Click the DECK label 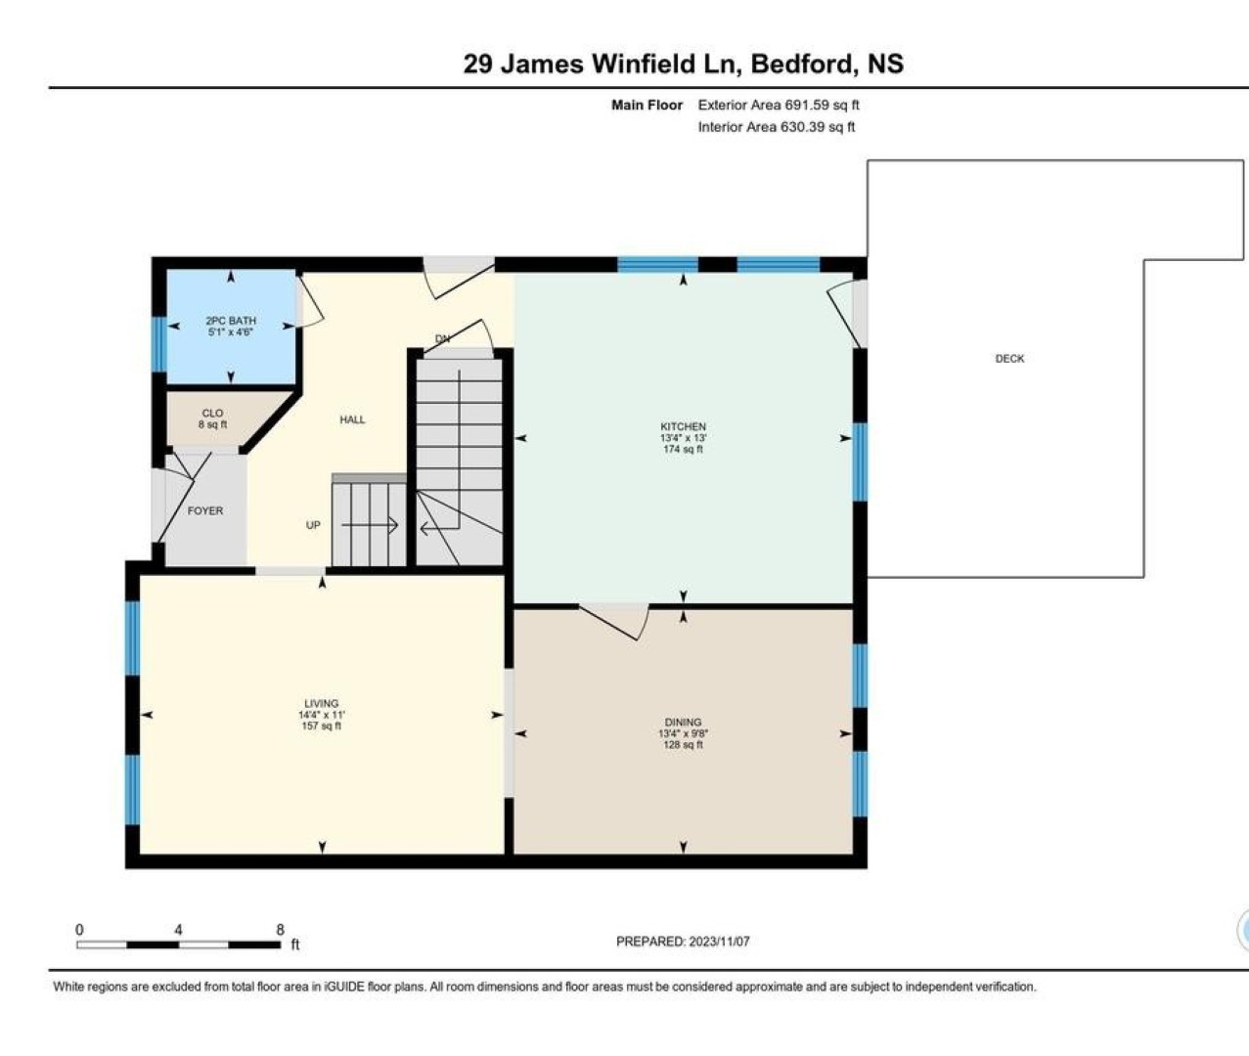(1009, 359)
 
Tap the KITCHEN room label (683, 426)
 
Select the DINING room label (683, 722)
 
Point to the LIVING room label (322, 703)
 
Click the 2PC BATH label (231, 321)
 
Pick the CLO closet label (212, 414)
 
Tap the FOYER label (205, 511)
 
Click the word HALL (352, 419)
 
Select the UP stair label (313, 525)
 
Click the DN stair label (442, 339)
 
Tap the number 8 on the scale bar (281, 930)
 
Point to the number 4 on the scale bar (178, 930)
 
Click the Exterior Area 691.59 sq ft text (779, 106)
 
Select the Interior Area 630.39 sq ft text (777, 127)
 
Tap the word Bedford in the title (802, 64)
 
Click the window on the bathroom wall (158, 344)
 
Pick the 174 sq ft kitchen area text (683, 450)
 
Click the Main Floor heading (647, 106)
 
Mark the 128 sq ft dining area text (683, 745)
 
